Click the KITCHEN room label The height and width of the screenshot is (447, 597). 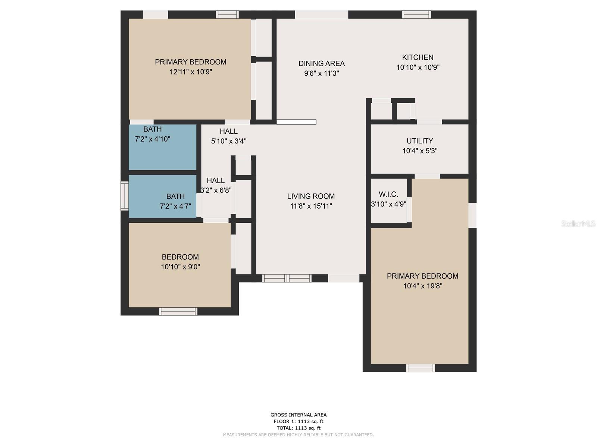[418, 57]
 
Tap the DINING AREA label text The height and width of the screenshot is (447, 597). [321, 63]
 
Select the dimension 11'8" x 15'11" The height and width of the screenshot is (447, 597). [311, 206]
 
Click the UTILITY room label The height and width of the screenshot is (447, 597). [420, 141]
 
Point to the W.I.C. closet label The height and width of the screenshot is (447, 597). [388, 194]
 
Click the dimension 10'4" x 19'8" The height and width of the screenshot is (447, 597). [422, 286]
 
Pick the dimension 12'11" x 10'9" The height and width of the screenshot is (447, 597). [191, 72]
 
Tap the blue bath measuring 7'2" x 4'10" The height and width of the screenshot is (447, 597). [162, 147]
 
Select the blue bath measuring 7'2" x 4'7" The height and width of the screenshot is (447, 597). [162, 196]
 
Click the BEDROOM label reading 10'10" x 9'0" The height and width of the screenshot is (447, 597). [180, 257]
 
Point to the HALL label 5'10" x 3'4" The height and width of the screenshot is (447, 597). [228, 131]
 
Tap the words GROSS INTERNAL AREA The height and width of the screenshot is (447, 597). [298, 415]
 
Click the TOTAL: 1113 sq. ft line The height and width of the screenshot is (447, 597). [298, 428]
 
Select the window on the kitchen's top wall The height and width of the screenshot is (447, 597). [416, 15]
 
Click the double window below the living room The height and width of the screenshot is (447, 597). [287, 278]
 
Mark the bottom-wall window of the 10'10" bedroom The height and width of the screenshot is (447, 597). [178, 311]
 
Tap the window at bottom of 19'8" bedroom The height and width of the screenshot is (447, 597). [420, 368]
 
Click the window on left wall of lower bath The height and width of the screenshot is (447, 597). [125, 196]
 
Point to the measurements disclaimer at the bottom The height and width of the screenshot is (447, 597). [298, 435]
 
